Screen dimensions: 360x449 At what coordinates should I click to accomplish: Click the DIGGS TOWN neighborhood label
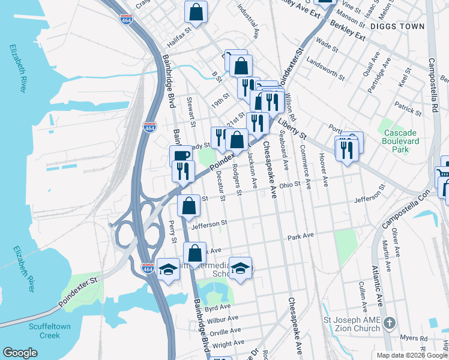[397, 26]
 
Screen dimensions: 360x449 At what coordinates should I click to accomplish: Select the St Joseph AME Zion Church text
[352, 324]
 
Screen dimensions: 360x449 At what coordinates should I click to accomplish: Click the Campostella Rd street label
[432, 83]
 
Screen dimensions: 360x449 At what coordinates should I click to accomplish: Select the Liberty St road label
[292, 130]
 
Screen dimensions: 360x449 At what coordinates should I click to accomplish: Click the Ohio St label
[289, 185]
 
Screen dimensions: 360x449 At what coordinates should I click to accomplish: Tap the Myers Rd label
[413, 338]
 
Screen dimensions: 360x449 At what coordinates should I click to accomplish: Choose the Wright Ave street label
[228, 343]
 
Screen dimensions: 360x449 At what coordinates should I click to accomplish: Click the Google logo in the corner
[20, 353]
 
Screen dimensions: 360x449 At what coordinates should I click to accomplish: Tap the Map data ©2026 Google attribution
[412, 355]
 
